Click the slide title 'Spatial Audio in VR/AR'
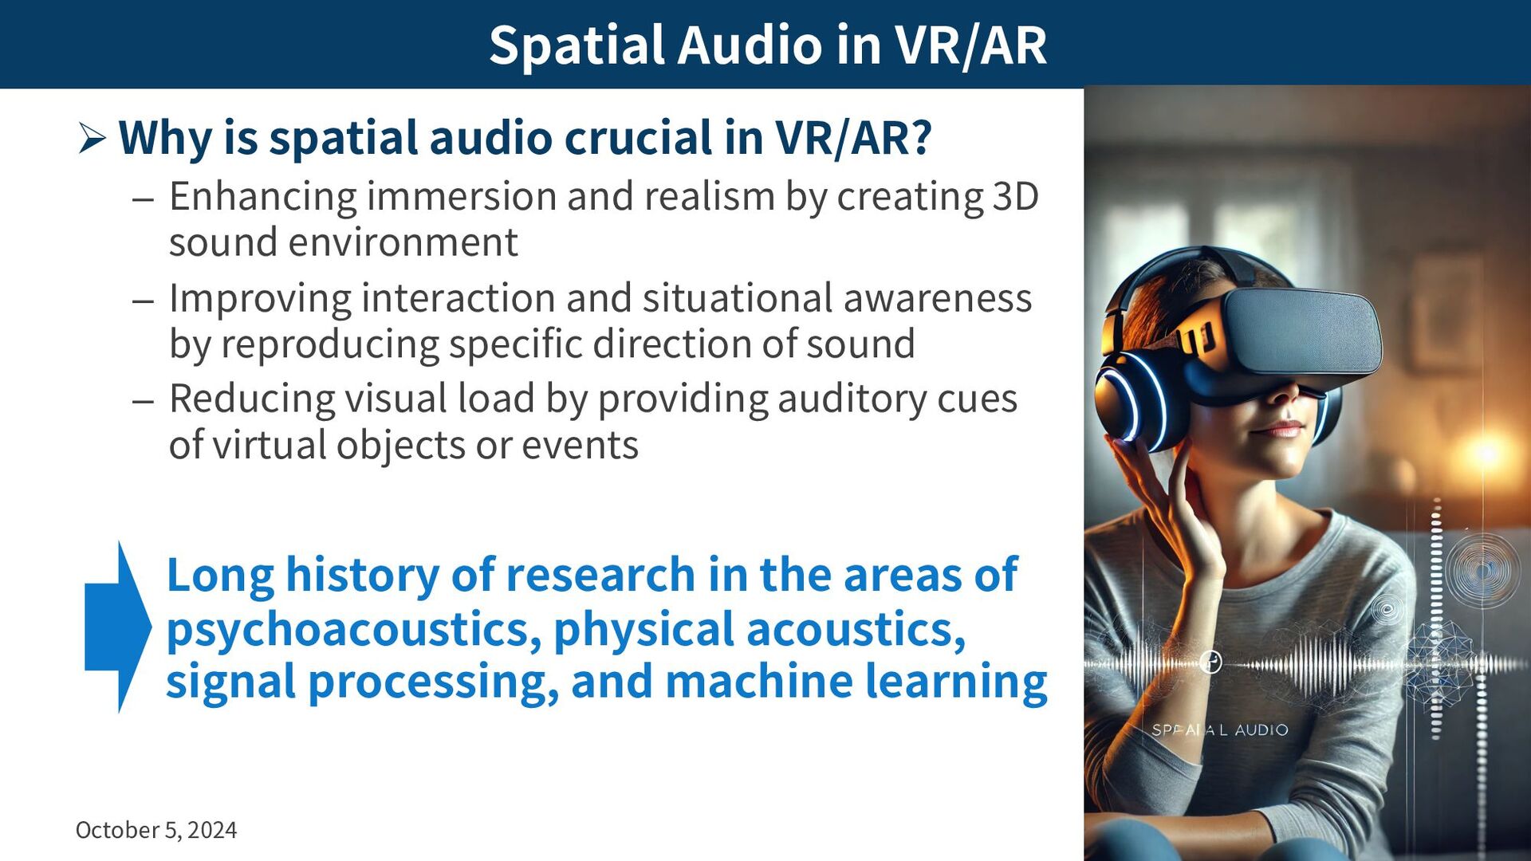767,45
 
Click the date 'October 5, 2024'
156,830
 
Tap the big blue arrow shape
118,627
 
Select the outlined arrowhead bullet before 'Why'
92,139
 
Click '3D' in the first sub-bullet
1015,196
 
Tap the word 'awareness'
938,298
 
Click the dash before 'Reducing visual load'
144,401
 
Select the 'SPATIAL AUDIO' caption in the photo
1219,729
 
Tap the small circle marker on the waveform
1210,662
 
